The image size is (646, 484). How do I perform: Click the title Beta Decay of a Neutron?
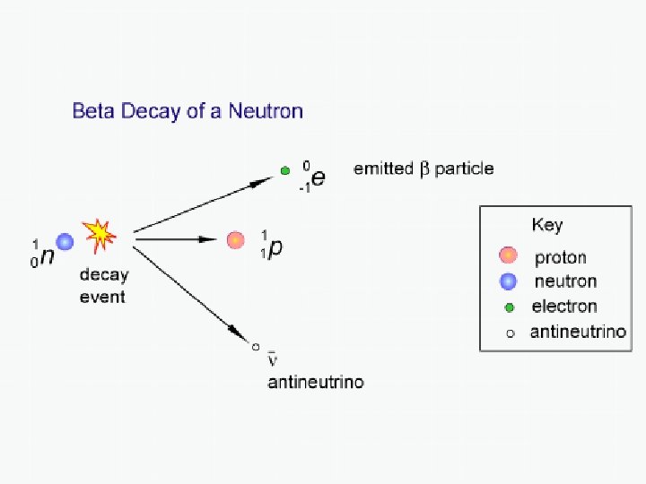(x=188, y=112)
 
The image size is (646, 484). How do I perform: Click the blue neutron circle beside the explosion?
(x=65, y=241)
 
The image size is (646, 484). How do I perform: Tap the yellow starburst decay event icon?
(x=100, y=233)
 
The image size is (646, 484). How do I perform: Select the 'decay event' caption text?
(x=103, y=286)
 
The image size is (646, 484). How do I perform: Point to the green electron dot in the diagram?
(x=284, y=169)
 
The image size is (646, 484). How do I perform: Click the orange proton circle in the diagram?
(x=235, y=239)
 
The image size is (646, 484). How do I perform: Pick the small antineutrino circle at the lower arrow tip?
(x=256, y=346)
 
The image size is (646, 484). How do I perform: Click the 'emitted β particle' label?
(x=423, y=169)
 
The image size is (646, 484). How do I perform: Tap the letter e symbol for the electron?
(x=318, y=177)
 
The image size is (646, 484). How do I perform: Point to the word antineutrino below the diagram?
(x=316, y=383)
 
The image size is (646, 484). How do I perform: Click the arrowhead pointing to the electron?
(x=261, y=181)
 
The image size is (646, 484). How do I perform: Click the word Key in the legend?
(x=546, y=224)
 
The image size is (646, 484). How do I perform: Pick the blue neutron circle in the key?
(x=509, y=281)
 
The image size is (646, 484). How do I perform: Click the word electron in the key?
(x=564, y=307)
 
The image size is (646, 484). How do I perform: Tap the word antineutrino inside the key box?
(x=579, y=332)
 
